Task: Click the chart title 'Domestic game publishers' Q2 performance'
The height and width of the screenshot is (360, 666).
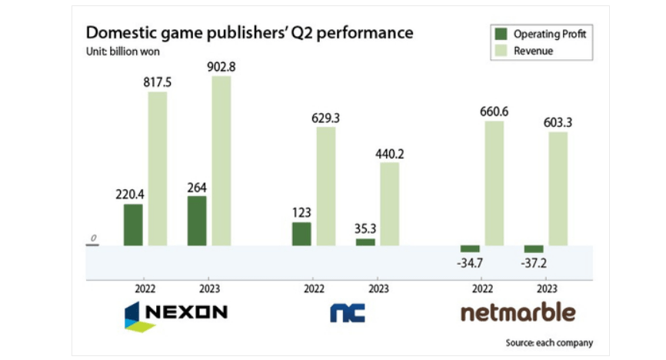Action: pos(249,33)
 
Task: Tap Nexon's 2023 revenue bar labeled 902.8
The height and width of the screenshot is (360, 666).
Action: pos(221,161)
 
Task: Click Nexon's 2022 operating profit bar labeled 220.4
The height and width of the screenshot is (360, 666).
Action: pos(133,225)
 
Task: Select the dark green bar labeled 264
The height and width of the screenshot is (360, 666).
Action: pos(197,221)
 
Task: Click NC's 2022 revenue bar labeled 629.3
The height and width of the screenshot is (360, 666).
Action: pos(326,186)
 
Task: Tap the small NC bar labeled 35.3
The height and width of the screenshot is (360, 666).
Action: pos(365,242)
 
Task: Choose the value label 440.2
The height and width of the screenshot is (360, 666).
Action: pos(390,153)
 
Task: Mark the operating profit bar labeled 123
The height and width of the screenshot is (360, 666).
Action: pos(301,234)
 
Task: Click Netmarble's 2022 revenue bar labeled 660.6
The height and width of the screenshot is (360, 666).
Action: pos(494,183)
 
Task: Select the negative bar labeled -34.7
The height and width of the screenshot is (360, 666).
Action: pos(469,249)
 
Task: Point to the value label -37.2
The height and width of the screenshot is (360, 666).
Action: pos(533,264)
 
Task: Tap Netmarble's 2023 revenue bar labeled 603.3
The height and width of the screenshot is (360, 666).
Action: pos(558,188)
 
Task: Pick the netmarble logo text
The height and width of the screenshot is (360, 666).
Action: pos(517,312)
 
